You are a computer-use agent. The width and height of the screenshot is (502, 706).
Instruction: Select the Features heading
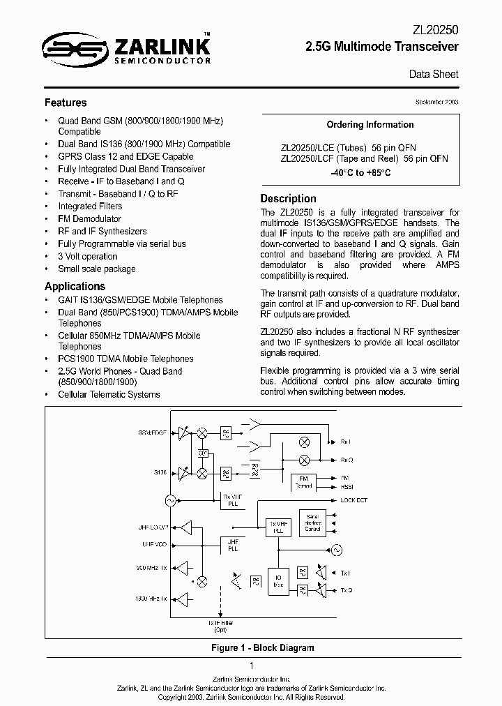pos(66,103)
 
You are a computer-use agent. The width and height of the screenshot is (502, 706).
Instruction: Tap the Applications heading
pos(75,286)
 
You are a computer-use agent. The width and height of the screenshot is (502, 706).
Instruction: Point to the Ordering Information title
pos(370,125)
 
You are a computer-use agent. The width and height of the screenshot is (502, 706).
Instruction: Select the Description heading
pos(288,198)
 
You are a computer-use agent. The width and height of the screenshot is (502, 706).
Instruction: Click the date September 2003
pos(437,102)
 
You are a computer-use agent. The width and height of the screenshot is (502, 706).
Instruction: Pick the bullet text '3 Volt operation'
pos(87,256)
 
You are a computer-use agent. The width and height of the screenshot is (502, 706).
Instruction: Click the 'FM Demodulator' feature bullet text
pos(89,218)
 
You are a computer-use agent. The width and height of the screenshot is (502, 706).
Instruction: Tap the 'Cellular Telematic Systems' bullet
pos(109,394)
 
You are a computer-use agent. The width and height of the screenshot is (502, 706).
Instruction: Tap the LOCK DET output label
pos(353,500)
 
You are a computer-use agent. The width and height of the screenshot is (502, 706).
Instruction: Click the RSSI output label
pos(346,488)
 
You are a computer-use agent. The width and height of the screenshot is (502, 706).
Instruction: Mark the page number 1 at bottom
pos(251,666)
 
